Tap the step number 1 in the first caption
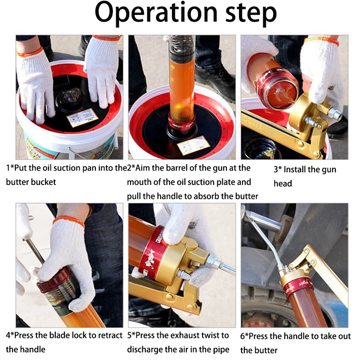[8, 169]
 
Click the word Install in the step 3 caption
[299, 170]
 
